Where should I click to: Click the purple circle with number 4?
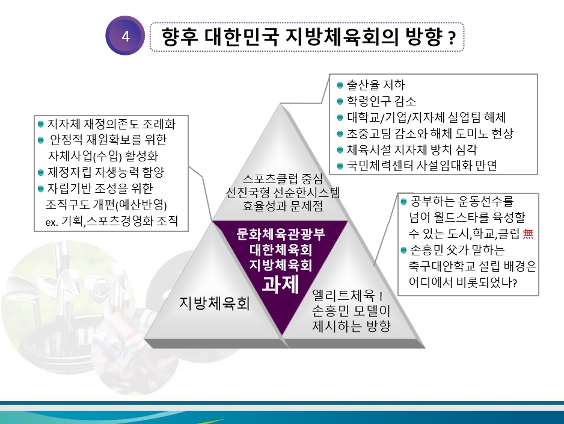click(125, 36)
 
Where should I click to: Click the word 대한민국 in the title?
click(242, 36)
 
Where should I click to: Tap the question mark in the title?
click(452, 38)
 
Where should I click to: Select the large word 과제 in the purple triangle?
click(280, 284)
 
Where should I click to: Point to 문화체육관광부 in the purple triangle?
click(281, 234)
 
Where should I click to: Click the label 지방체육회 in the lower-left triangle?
click(215, 303)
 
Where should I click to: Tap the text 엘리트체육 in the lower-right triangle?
click(343, 295)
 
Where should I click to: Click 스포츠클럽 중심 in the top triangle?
click(283, 178)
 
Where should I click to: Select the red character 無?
click(528, 234)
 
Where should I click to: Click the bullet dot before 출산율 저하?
click(340, 86)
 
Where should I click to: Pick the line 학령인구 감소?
click(381, 101)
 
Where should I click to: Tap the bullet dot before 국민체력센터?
click(340, 166)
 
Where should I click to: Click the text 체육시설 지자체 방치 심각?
click(412, 149)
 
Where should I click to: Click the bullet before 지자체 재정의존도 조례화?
click(41, 124)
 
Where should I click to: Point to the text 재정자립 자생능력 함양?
click(106, 172)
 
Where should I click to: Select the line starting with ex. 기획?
click(111, 221)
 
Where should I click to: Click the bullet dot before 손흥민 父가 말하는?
click(403, 250)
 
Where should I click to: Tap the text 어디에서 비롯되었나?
click(463, 282)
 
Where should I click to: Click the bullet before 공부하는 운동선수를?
click(403, 201)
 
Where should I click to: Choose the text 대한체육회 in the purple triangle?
click(281, 250)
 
